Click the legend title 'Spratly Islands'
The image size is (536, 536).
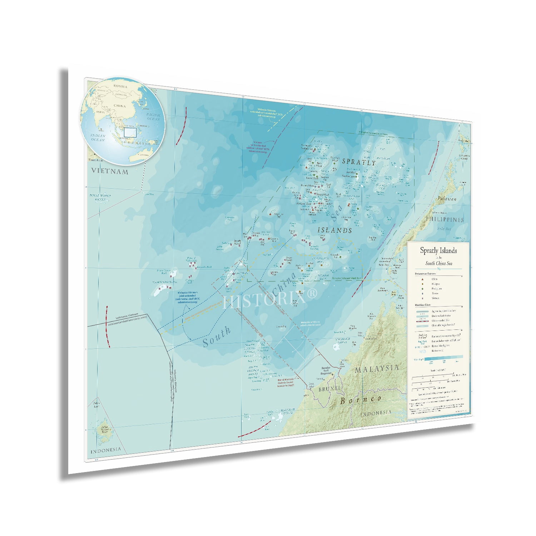point(438,250)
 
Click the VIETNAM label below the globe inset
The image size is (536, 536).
point(110,171)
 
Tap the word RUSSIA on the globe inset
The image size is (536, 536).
point(120,86)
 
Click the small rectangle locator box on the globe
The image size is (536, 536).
point(130,132)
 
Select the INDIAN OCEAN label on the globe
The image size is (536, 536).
point(98,138)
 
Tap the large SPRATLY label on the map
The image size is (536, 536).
point(359,162)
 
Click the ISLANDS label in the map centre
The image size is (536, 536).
point(335,230)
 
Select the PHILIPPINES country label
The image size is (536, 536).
point(444,219)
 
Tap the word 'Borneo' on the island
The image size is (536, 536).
point(361,399)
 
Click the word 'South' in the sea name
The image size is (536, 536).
point(217,337)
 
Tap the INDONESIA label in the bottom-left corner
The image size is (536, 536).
point(105,451)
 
